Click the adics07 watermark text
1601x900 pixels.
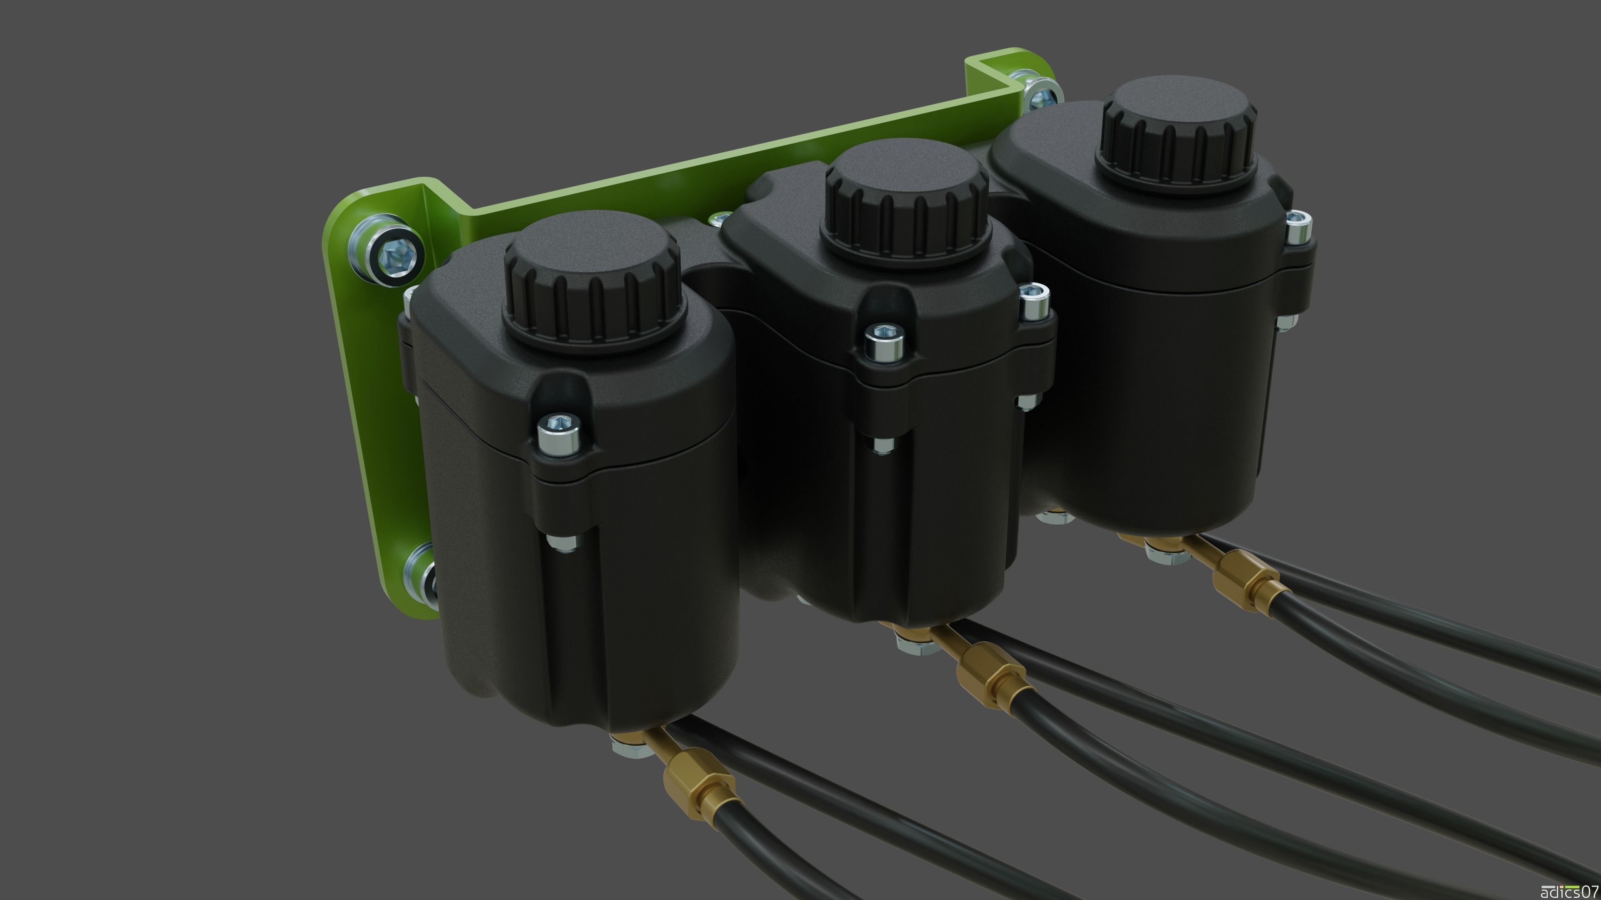(1572, 891)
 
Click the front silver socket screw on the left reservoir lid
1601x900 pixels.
(560, 432)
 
